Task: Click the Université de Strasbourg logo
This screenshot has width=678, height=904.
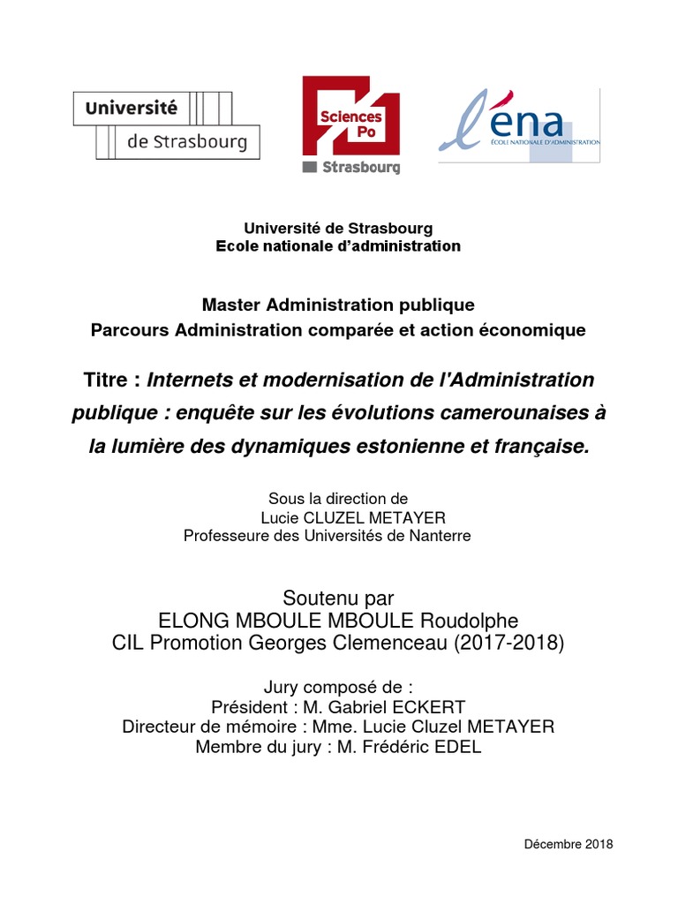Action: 165,124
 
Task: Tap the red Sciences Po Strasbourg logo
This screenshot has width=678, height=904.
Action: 350,124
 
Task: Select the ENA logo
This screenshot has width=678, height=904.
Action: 519,124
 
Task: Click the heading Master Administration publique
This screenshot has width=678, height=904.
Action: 338,305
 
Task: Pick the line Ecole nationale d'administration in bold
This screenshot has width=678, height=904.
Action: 338,246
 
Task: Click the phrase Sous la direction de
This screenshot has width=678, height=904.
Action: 338,500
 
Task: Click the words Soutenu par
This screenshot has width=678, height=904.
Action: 338,599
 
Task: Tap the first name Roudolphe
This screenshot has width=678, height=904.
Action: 476,621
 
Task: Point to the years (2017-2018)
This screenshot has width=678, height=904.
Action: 508,644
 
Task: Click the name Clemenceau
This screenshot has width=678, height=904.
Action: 394,644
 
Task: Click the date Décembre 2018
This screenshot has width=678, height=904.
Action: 568,844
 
